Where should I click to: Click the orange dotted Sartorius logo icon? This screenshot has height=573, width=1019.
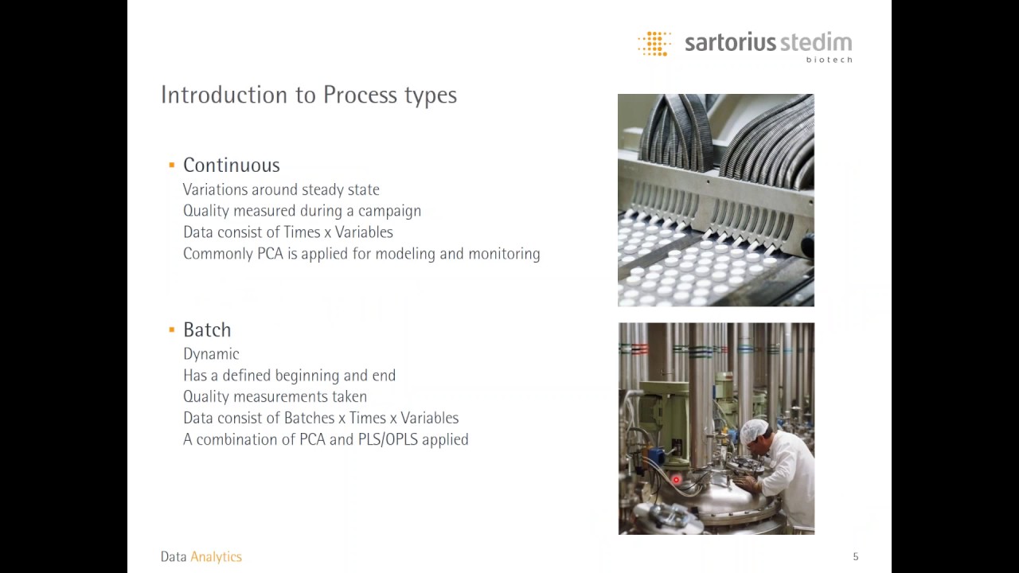[x=654, y=44]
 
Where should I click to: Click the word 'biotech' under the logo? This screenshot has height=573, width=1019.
[x=829, y=60]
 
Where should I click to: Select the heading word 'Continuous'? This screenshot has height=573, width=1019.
[x=231, y=165]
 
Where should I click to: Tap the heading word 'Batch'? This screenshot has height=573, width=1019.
[x=207, y=329]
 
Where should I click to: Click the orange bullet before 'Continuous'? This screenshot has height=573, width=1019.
[x=171, y=165]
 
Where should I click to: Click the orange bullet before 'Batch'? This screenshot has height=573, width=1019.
[x=171, y=329]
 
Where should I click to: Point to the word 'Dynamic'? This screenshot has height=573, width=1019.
[x=211, y=354]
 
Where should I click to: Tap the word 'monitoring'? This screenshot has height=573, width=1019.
[x=504, y=254]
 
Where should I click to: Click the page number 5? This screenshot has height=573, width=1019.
[x=856, y=557]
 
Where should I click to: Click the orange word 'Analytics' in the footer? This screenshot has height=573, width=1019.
[x=216, y=557]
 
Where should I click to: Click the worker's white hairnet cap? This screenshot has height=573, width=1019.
[x=753, y=431]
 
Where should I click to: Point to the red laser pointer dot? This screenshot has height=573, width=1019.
[x=677, y=480]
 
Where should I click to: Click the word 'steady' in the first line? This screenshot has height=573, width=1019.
[x=323, y=189]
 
